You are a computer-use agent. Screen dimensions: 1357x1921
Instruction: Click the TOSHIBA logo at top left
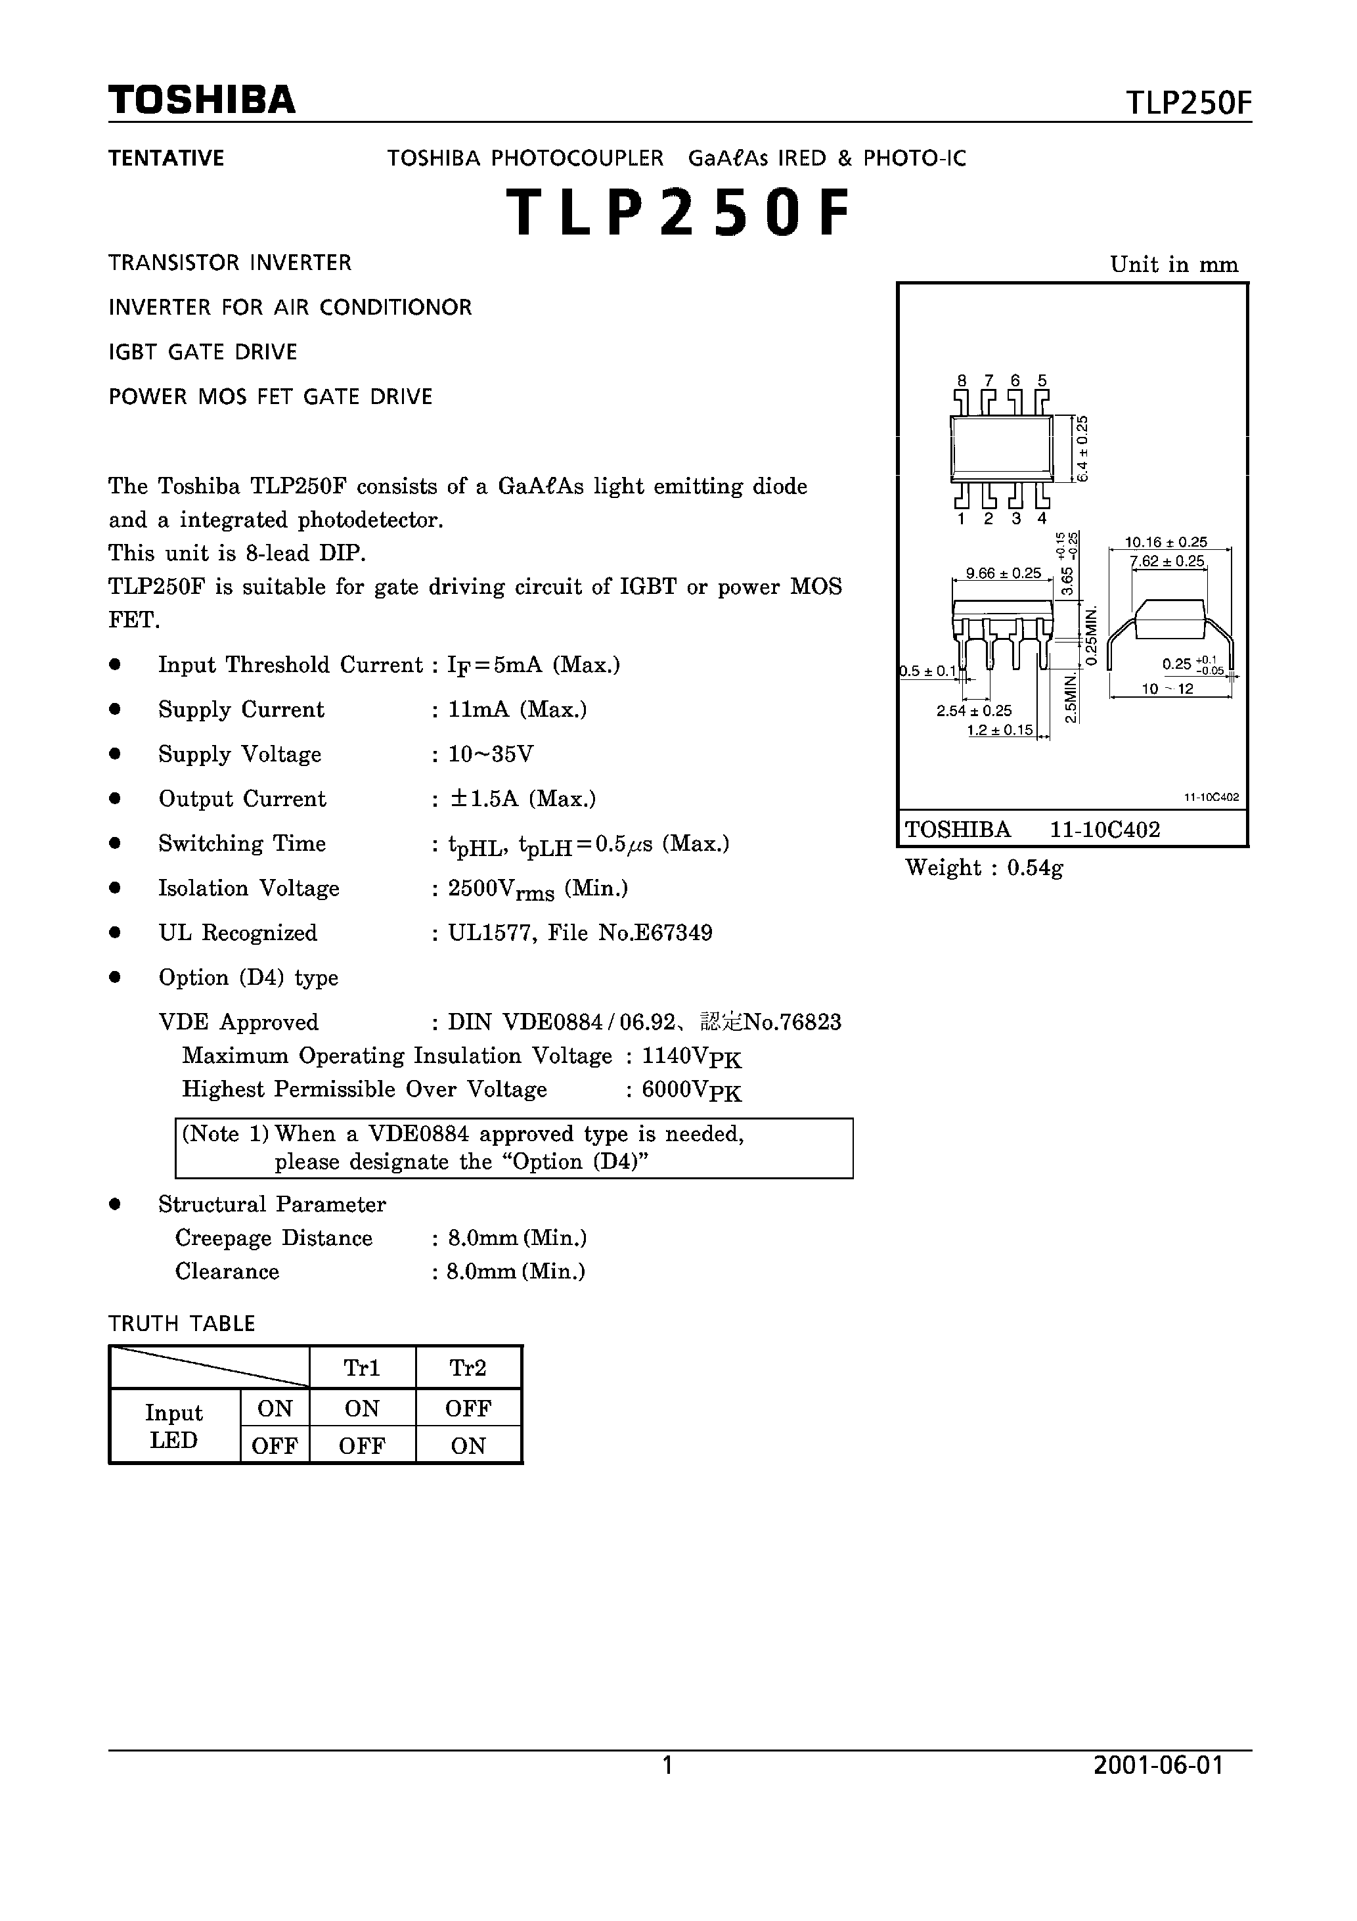[x=202, y=101]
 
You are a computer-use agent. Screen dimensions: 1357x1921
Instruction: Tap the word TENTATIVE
[x=166, y=158]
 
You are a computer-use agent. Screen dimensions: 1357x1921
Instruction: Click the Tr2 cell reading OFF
[x=468, y=1409]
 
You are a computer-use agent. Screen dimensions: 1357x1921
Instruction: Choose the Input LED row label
[x=174, y=1426]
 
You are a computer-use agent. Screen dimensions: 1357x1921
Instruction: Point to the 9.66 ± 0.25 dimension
[x=1003, y=573]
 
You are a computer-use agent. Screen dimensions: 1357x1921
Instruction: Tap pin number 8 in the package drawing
[x=962, y=380]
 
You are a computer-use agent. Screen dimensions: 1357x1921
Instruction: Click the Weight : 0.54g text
[x=984, y=868]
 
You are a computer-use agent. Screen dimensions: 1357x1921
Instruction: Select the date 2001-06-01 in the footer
[x=1158, y=1765]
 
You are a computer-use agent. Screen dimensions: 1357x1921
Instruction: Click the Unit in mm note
[x=1174, y=265]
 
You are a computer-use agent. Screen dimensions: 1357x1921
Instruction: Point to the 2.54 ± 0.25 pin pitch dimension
[x=974, y=711]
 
